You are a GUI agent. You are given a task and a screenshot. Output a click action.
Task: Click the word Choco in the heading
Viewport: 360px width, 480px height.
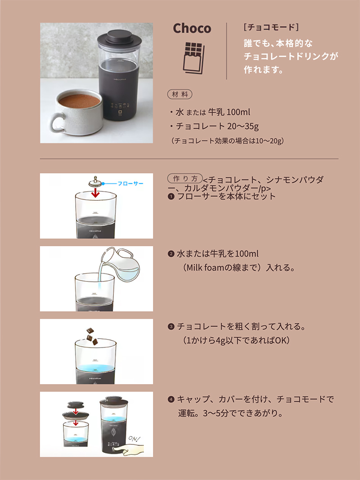click(192, 28)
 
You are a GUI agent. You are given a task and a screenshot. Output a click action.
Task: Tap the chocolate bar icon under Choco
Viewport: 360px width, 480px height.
click(193, 58)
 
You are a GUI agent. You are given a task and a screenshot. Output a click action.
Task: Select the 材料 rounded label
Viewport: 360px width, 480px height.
click(180, 94)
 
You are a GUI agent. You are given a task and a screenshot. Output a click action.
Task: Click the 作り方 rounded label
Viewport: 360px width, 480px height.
click(185, 178)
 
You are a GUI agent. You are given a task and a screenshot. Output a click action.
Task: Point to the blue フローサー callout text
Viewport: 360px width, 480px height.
click(130, 184)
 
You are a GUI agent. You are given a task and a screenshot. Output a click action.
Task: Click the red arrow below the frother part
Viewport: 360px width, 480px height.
click(96, 193)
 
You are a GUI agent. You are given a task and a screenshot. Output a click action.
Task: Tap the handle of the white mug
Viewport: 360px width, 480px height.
click(57, 122)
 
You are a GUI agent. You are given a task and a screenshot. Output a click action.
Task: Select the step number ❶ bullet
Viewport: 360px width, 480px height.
click(171, 196)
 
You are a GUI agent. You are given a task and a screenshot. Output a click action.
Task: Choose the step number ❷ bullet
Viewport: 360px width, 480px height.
click(171, 254)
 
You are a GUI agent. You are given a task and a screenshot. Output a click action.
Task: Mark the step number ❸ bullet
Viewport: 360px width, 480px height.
click(171, 326)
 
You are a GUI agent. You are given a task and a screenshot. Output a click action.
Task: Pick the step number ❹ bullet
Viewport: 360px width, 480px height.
click(171, 399)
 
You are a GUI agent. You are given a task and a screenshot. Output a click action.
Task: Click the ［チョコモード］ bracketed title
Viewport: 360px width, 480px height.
click(271, 27)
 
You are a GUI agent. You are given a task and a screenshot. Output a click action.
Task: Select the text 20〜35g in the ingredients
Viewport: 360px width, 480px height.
click(243, 126)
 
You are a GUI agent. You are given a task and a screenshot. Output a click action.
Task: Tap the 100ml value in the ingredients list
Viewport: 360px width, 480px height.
click(238, 112)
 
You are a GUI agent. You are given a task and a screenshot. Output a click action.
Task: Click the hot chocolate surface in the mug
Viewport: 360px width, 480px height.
click(79, 101)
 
